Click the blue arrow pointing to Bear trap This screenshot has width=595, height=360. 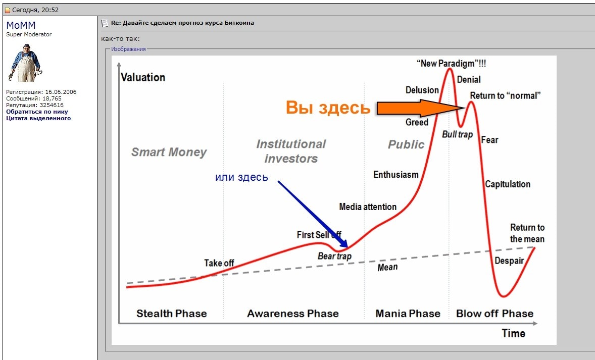313,214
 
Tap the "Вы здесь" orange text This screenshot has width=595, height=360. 328,108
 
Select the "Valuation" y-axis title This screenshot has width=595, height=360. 143,77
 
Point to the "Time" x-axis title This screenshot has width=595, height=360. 513,333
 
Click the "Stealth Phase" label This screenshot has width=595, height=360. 172,314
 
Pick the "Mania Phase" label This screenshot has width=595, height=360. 408,314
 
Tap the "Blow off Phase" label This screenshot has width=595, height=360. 495,314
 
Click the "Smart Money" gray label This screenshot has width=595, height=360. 169,152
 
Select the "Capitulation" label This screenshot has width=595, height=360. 508,184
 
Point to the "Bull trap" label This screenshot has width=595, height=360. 457,135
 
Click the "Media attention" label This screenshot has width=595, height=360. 368,207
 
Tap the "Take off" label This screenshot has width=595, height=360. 219,263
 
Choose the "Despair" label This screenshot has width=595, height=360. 509,261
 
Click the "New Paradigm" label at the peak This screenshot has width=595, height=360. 451,63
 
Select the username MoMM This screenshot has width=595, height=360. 21,25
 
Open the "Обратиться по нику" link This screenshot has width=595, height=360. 37,112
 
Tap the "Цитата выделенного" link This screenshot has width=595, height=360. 38,118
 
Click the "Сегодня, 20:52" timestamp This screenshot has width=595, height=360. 35,10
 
